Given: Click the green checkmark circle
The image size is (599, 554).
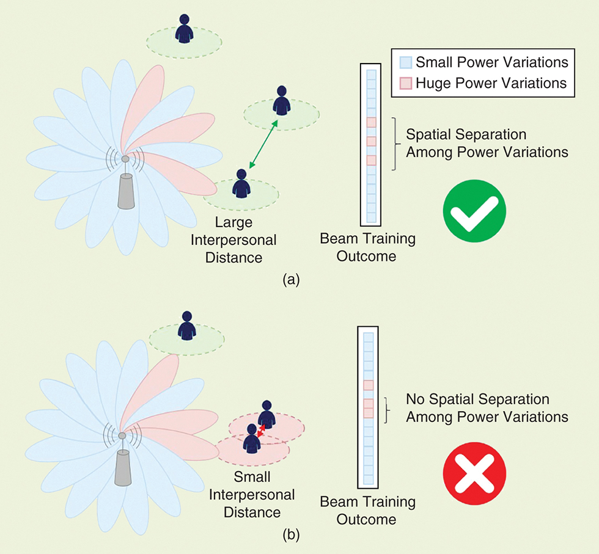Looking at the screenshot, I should click(474, 211).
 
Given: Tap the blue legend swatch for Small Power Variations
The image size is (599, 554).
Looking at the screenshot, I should click(405, 63).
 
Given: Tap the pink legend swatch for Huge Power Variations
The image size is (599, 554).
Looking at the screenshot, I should click(405, 82).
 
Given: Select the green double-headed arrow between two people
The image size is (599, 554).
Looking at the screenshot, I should click(263, 144).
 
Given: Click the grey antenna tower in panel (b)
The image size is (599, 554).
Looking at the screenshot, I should click(123, 469).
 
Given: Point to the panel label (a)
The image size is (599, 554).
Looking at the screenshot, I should click(290, 280).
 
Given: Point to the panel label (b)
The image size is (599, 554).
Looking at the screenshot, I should click(291, 536).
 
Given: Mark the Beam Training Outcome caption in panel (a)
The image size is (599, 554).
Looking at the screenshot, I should click(367, 247).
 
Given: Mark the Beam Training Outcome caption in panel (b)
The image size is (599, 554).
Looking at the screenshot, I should click(367, 511).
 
